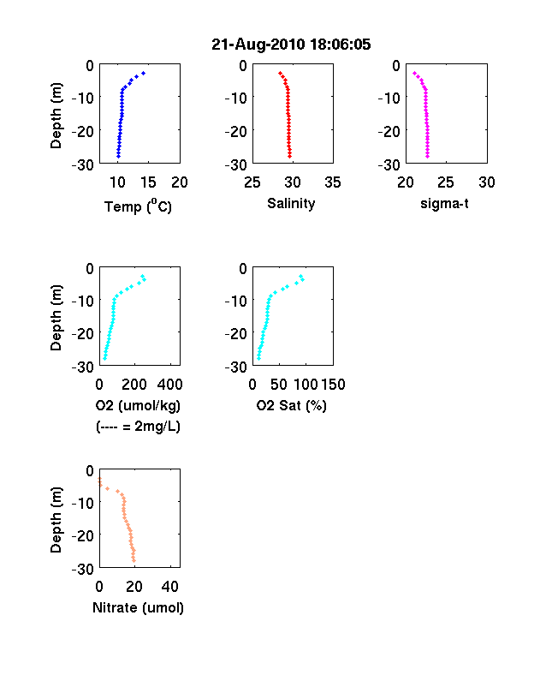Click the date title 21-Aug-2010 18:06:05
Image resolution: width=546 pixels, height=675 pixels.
tap(291, 45)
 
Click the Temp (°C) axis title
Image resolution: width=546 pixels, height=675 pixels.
tap(138, 206)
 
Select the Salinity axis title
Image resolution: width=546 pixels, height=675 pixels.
tap(291, 204)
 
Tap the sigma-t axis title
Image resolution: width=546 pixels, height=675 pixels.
tap(444, 203)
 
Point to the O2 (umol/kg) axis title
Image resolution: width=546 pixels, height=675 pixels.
tap(138, 405)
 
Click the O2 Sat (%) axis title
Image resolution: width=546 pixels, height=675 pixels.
tap(292, 405)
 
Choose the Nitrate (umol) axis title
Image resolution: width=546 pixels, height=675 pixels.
tap(138, 607)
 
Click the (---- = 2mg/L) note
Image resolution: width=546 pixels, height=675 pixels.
tap(138, 427)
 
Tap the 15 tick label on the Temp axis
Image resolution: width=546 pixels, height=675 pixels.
tap(148, 182)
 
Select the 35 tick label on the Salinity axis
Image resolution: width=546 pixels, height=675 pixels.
tap(333, 182)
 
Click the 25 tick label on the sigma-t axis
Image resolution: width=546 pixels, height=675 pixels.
tap(446, 182)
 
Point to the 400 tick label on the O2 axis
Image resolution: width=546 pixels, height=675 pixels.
tap(169, 385)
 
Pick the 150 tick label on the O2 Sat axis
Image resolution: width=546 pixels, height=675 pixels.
tap(333, 385)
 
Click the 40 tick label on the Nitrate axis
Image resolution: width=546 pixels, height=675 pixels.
tap(170, 586)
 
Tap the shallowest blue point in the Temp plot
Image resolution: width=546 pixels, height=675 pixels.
tap(144, 73)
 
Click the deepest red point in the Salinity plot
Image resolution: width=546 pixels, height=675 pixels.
tap(290, 156)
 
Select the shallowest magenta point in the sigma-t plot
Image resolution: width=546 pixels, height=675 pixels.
tap(414, 73)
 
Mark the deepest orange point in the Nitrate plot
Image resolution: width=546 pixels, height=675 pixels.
tap(134, 560)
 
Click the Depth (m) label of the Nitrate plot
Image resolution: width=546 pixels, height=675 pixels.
tap(56, 520)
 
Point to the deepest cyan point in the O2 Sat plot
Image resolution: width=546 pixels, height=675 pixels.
tap(258, 358)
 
